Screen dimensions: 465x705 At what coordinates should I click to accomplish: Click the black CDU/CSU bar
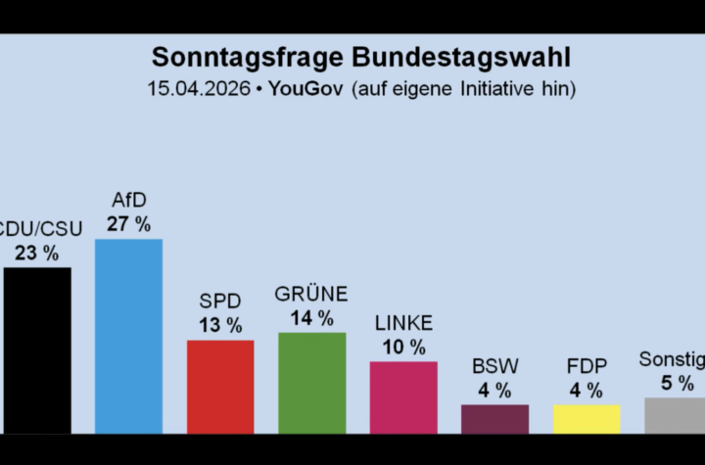36,349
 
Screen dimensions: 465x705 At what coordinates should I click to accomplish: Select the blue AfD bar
128,335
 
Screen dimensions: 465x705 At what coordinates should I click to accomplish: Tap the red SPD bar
220,386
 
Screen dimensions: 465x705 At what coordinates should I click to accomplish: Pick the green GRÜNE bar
311,382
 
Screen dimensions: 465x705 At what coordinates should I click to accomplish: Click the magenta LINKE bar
403,396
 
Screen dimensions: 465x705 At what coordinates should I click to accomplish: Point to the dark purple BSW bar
494,418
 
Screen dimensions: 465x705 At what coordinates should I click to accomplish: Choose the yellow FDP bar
587,418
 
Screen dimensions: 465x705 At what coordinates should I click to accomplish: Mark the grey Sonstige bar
676,414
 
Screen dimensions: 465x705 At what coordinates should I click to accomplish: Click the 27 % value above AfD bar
128,224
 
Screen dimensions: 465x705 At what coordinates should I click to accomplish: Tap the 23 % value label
36,253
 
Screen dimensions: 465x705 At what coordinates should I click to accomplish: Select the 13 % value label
220,326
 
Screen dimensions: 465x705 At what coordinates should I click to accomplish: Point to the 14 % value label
311,318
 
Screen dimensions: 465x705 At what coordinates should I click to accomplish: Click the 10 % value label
403,348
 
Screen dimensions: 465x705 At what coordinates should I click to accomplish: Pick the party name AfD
128,201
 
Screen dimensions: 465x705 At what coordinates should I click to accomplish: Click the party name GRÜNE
311,295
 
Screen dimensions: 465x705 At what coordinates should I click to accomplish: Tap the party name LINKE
403,324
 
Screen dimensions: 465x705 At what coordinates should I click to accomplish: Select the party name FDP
587,367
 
